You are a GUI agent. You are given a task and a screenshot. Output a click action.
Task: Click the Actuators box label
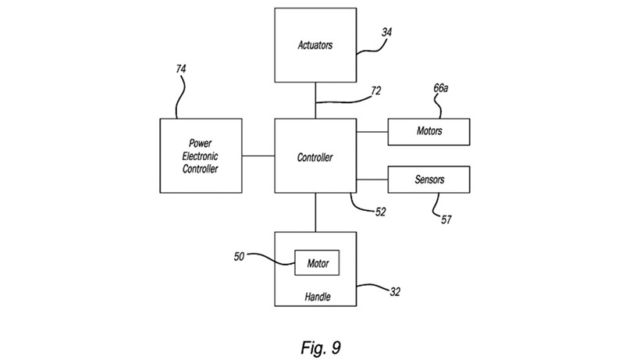pyautogui.click(x=315, y=45)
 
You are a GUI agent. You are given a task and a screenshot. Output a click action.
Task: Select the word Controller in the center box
pyautogui.click(x=315, y=158)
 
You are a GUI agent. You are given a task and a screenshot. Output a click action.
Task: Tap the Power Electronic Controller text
pyautogui.click(x=200, y=156)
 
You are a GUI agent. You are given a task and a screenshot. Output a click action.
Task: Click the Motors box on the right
pyautogui.click(x=428, y=131)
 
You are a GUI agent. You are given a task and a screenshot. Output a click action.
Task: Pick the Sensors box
pyautogui.click(x=428, y=180)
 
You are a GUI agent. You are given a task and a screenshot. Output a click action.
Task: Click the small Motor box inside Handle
pyautogui.click(x=316, y=264)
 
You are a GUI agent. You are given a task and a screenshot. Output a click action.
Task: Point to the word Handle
pyautogui.click(x=316, y=297)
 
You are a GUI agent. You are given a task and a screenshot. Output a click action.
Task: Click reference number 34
pyautogui.click(x=387, y=33)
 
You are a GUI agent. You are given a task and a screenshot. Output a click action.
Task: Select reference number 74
pyautogui.click(x=181, y=70)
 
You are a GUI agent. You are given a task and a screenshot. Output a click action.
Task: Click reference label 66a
pyautogui.click(x=441, y=89)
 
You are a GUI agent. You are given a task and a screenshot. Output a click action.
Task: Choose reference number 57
pyautogui.click(x=446, y=219)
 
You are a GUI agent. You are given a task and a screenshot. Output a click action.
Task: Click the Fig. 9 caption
pyautogui.click(x=320, y=344)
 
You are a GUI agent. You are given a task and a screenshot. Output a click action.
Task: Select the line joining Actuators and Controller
pyautogui.click(x=315, y=100)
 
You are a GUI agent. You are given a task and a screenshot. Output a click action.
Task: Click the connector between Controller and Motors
pyautogui.click(x=372, y=131)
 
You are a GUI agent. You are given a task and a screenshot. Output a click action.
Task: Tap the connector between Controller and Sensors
pyautogui.click(x=372, y=180)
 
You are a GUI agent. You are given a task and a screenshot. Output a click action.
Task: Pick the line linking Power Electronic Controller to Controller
pyautogui.click(x=257, y=156)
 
